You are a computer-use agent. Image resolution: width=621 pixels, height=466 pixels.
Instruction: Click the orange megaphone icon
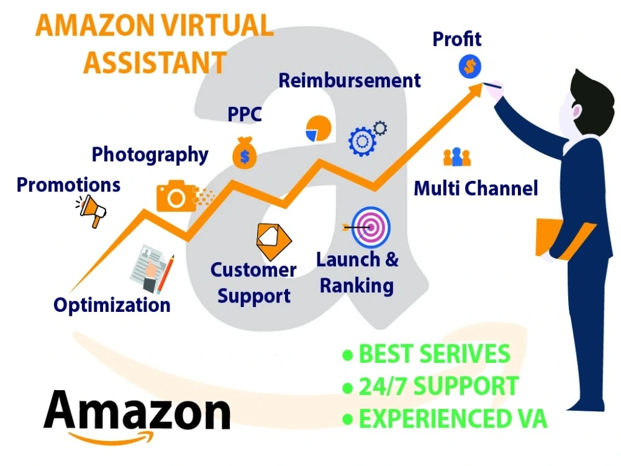[x=92, y=211]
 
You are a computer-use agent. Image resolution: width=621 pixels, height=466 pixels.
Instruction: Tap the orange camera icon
[x=177, y=196]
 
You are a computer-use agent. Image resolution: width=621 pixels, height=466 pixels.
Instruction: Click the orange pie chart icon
[x=318, y=129]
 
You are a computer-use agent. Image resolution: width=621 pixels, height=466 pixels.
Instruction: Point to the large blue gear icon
[x=362, y=142]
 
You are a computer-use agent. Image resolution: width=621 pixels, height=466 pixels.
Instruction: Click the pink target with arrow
[x=370, y=227]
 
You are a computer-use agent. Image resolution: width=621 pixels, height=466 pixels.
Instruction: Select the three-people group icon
[x=457, y=157]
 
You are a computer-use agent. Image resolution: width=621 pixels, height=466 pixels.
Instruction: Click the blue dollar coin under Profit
[x=469, y=66]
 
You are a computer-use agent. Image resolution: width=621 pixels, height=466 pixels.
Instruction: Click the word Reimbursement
[x=349, y=80]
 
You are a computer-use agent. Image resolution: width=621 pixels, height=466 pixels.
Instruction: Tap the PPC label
[x=244, y=114]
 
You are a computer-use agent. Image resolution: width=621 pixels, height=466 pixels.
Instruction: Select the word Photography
[x=150, y=155]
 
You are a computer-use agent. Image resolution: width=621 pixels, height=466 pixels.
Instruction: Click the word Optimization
[x=112, y=306]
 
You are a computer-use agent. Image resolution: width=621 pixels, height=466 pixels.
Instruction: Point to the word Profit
[x=456, y=39]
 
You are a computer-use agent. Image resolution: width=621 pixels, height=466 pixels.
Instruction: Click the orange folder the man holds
[x=563, y=239]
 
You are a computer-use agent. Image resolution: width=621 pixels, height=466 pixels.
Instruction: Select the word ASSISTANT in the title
[x=155, y=63]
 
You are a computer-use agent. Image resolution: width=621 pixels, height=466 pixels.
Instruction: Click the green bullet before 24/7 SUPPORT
[x=348, y=387]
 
